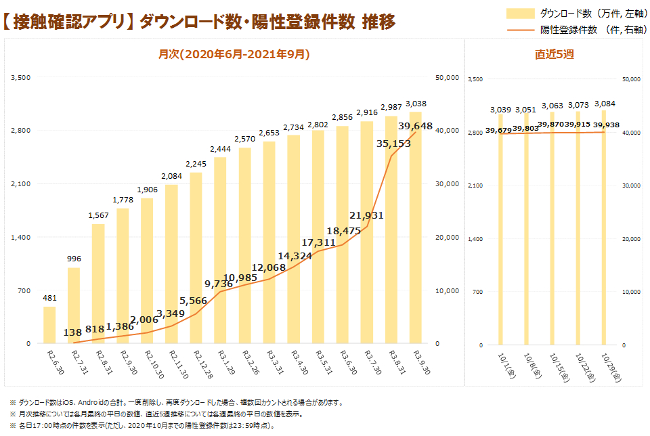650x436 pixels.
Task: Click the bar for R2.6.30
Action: pyautogui.click(x=49, y=326)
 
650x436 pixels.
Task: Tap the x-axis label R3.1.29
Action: pyautogui.click(x=221, y=362)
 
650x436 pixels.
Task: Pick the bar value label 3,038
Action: pyautogui.click(x=416, y=104)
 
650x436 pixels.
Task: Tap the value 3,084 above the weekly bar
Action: pyautogui.click(x=605, y=104)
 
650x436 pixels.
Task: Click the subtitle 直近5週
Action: pyautogui.click(x=554, y=55)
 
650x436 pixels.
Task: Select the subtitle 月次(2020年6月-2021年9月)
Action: pyautogui.click(x=234, y=54)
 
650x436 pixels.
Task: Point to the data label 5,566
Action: pyautogui.click(x=194, y=301)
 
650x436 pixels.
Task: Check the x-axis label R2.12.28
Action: pyautogui.click(x=197, y=364)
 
